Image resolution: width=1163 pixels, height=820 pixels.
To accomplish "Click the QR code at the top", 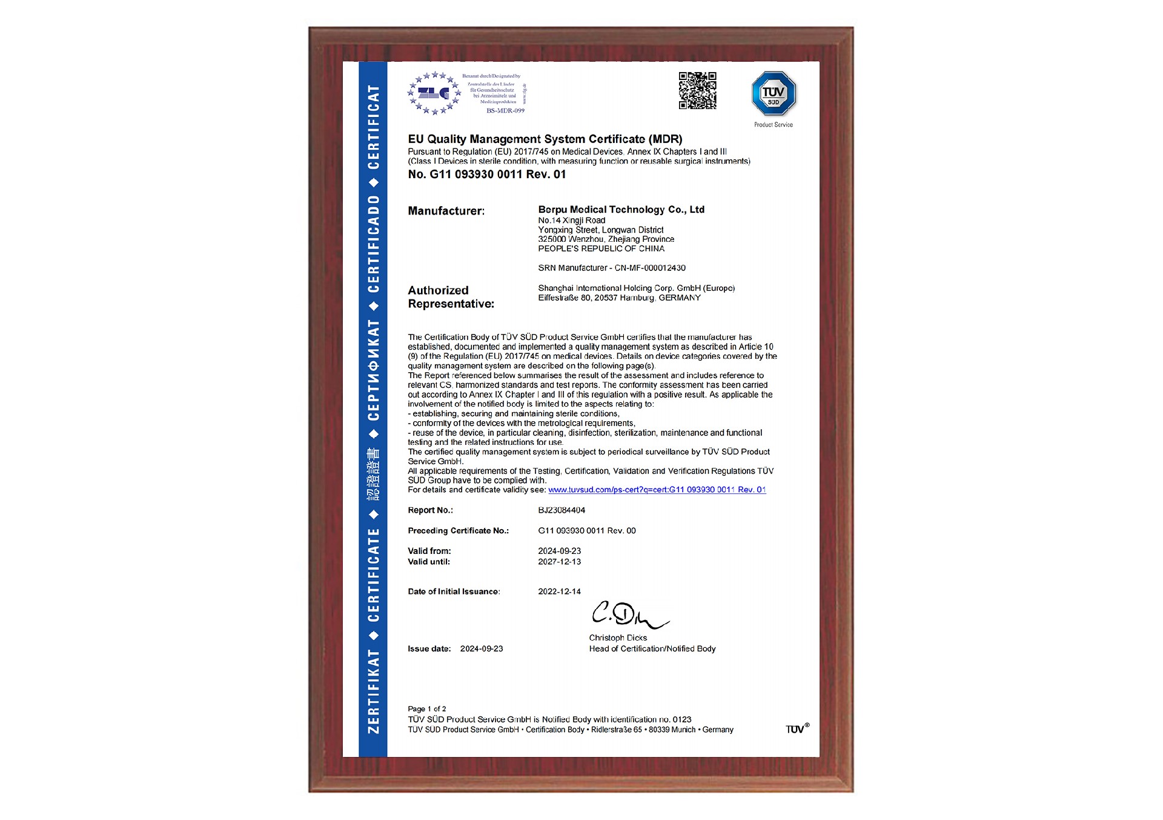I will click(697, 91).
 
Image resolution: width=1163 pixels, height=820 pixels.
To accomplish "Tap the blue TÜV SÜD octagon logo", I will click(774, 93).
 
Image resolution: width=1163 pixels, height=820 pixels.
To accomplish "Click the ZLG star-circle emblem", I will click(434, 93).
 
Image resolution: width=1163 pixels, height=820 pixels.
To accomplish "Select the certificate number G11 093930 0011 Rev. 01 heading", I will click(486, 175).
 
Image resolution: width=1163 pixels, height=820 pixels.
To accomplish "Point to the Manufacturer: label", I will click(446, 211).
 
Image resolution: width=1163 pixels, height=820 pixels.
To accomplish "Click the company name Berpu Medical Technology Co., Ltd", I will click(621, 210).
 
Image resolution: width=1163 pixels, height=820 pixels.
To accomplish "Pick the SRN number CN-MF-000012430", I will click(650, 268).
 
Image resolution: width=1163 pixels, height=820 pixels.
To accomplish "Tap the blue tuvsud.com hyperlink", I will click(657, 490).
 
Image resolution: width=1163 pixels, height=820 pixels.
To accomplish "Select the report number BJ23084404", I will click(562, 510).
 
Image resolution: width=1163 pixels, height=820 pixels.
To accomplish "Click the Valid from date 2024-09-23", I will click(559, 551).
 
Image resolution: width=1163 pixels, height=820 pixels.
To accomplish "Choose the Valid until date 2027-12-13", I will click(559, 562).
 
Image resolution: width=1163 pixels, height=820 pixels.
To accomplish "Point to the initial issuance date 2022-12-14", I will click(559, 592).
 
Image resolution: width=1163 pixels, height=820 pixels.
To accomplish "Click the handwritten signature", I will click(628, 615).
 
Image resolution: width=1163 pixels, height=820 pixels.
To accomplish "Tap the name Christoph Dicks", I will click(618, 638).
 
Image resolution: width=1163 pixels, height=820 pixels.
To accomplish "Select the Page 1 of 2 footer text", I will click(426, 708).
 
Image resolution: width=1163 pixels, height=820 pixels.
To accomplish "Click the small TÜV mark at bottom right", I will click(797, 728).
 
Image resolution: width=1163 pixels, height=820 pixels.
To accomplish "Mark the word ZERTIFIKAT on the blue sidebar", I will click(374, 691).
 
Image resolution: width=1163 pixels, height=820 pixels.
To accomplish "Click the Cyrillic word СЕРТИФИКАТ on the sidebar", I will click(374, 370).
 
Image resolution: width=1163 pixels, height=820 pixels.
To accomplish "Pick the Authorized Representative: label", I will click(451, 297).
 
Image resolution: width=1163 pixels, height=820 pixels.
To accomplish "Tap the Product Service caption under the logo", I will click(773, 125).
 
